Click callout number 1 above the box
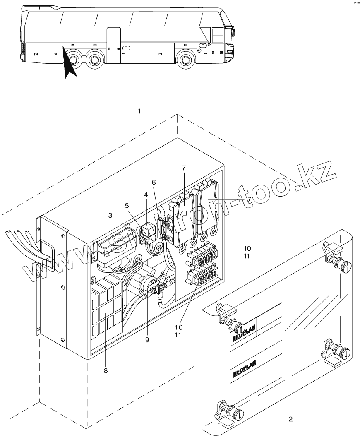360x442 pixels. (139, 111)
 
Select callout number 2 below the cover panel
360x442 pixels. (290, 419)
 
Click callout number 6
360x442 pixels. (154, 182)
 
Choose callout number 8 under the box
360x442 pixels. (106, 371)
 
